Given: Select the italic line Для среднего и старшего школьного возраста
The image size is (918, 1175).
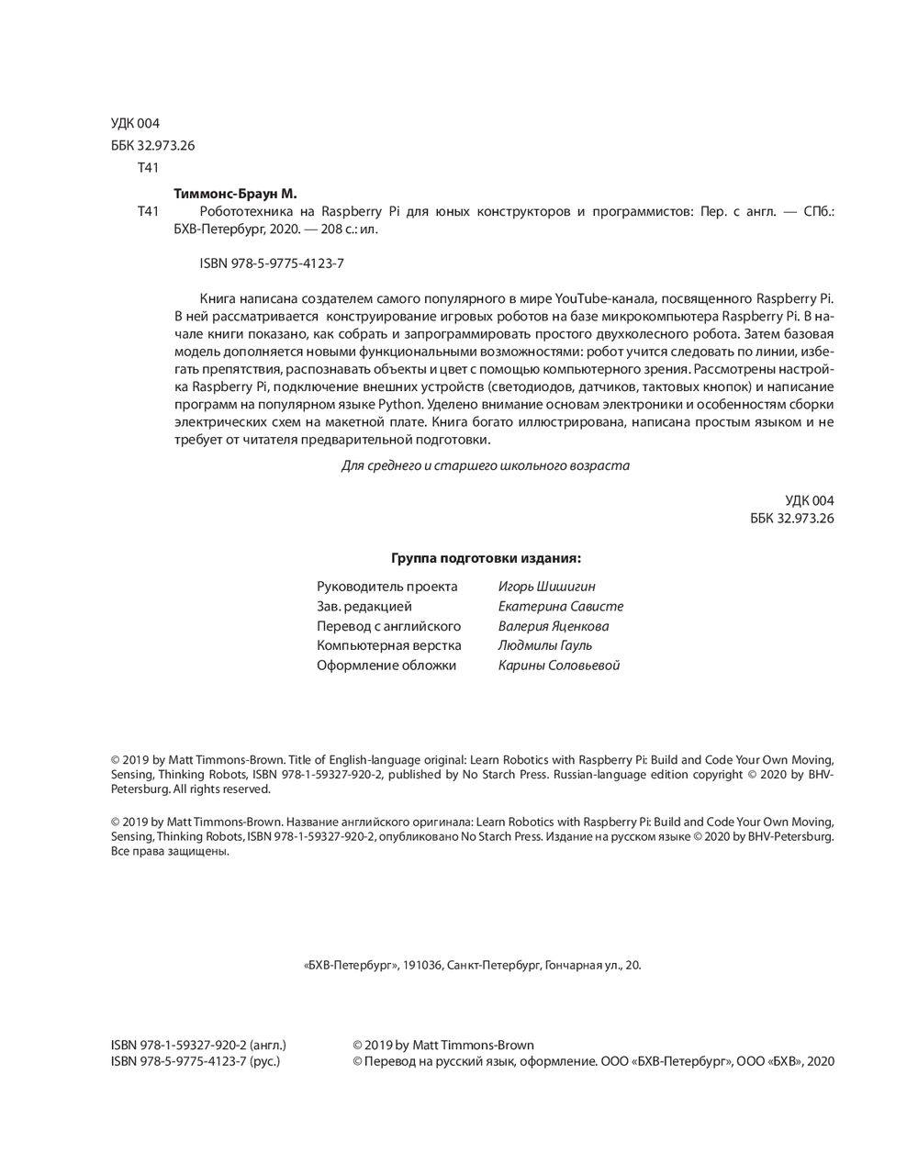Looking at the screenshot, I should click(485, 465).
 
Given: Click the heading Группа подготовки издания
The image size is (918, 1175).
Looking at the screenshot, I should click(487, 557).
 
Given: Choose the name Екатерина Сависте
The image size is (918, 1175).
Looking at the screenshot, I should click(560, 607).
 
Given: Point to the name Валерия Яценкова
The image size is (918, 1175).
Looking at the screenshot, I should click(553, 626).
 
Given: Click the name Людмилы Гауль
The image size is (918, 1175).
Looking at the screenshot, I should click(544, 645).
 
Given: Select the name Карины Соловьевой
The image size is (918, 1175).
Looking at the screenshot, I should click(558, 666).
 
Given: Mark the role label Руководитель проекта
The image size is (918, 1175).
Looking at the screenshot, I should click(386, 587).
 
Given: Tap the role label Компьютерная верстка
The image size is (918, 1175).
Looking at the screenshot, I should click(389, 645).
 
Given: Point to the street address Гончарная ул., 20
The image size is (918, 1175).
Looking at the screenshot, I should click(592, 966).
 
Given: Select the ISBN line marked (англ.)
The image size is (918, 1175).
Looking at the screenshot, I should click(197, 1045).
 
